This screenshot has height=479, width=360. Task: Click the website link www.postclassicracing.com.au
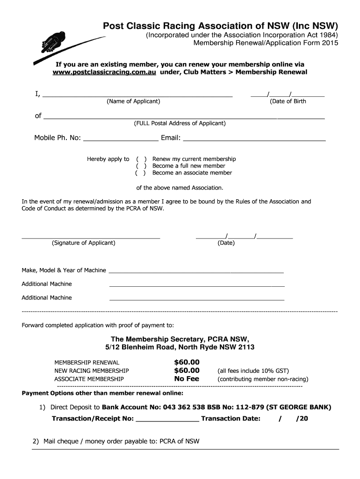[x=104, y=72]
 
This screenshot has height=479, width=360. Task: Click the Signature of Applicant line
[x=91, y=238]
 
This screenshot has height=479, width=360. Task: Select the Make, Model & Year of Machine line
[x=196, y=271]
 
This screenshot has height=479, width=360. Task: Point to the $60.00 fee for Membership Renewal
[x=187, y=362]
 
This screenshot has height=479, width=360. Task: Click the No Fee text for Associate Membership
[x=187, y=379]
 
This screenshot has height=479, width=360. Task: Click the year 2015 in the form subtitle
[x=329, y=43]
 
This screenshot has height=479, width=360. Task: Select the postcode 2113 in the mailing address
[x=246, y=348]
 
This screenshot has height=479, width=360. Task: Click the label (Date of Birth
[x=288, y=102]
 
